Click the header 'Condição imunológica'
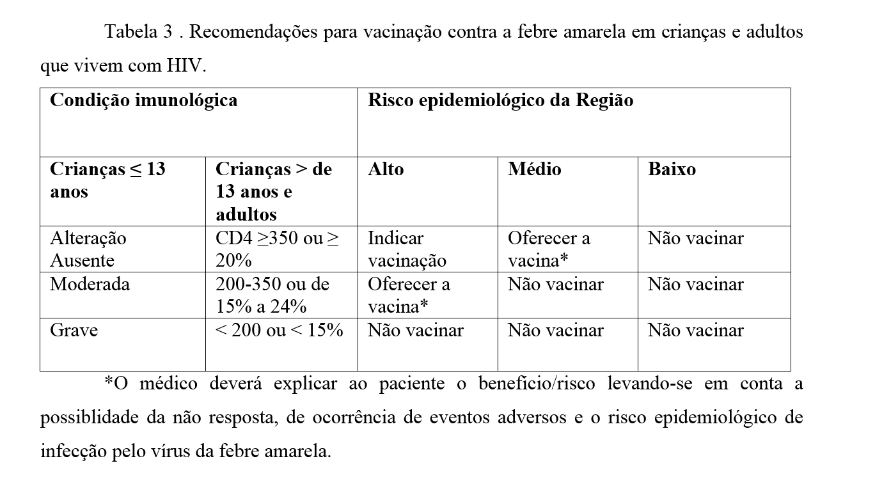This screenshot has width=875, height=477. tap(143, 101)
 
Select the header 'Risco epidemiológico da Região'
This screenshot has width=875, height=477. tap(500, 101)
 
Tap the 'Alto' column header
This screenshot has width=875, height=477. tap(386, 169)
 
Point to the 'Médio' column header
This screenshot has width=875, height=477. tap(534, 169)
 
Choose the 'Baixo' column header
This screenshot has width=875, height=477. tap(672, 169)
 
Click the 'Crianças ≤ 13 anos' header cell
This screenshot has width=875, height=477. tap(107, 180)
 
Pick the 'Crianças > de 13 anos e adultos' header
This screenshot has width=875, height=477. tap(274, 191)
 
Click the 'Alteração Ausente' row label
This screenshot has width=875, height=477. tap(88, 249)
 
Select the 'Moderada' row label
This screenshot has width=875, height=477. tap(90, 284)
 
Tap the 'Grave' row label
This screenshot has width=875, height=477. tap(74, 331)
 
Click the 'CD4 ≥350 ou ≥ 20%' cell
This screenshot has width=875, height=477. tap(278, 249)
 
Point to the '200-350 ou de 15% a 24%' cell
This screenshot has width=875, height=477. tap(272, 295)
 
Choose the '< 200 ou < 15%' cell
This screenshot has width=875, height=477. tap(280, 331)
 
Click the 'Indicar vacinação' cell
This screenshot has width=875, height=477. tap(407, 249)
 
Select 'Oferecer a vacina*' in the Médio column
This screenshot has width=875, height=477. tap(549, 249)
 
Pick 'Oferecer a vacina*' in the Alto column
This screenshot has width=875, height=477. tap(409, 295)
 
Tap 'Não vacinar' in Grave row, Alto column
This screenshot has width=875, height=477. tap(415, 331)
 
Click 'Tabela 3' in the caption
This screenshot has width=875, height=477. tap(139, 32)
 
